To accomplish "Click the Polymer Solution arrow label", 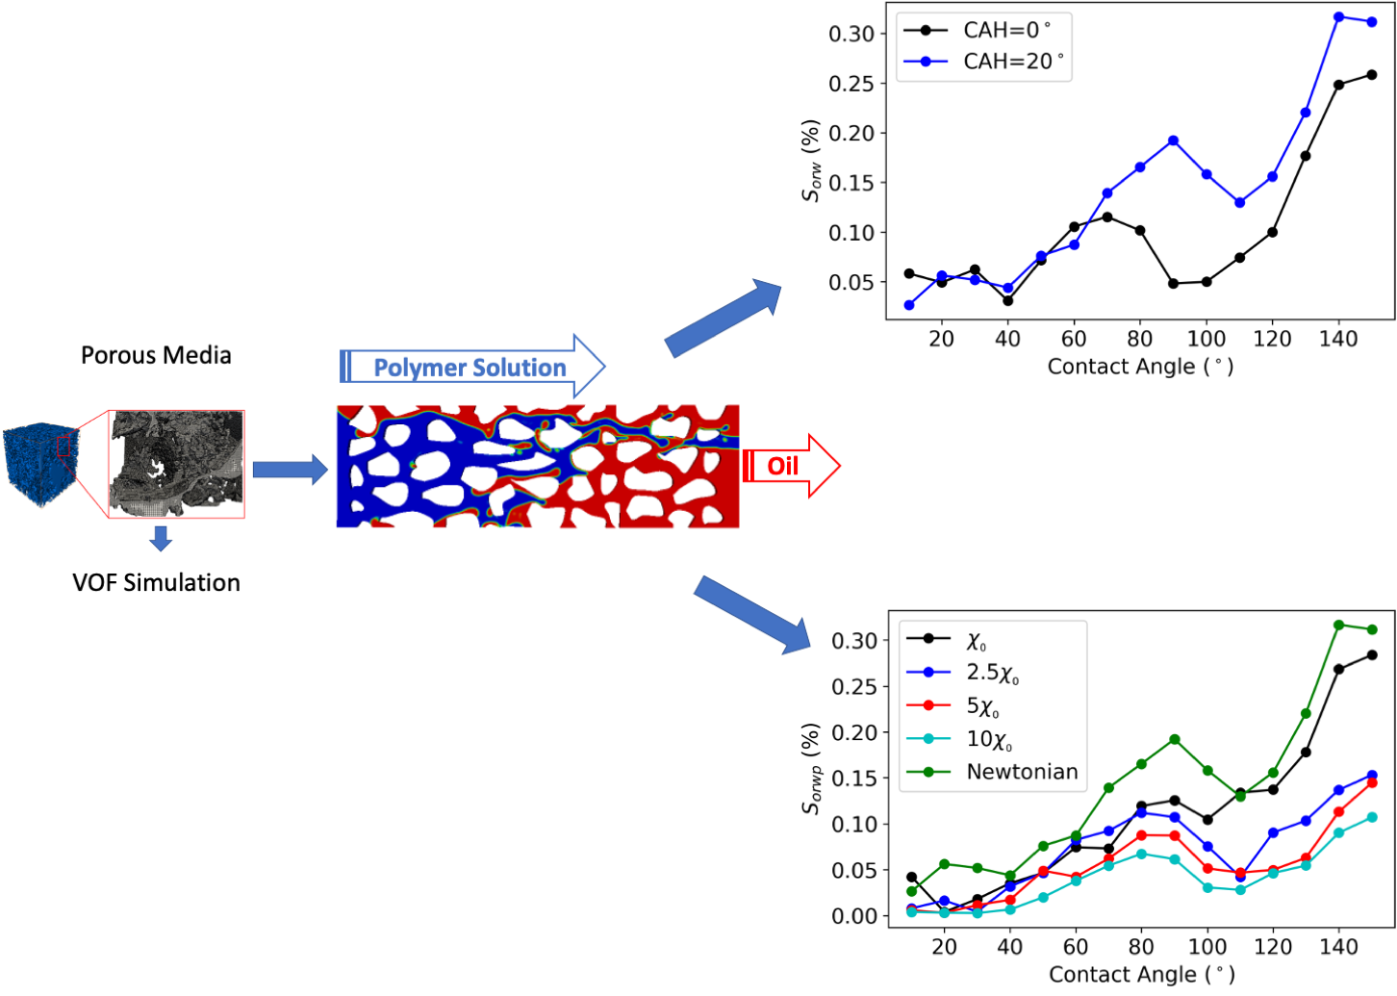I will [470, 368].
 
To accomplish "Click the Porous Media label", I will [156, 355].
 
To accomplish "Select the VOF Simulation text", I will [156, 582].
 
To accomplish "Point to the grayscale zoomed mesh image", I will [177, 464].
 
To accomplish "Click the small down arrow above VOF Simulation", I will [161, 538].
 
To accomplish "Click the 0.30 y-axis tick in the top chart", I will [851, 34].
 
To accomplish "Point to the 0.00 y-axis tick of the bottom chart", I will [854, 916].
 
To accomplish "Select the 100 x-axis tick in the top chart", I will [1206, 339].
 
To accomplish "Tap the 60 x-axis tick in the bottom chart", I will [1076, 947].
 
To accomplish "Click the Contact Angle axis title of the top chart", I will [1140, 367].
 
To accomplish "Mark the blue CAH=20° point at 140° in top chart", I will [1338, 17].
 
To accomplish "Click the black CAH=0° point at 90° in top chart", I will [1174, 284].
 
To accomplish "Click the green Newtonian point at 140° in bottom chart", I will [1338, 626].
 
